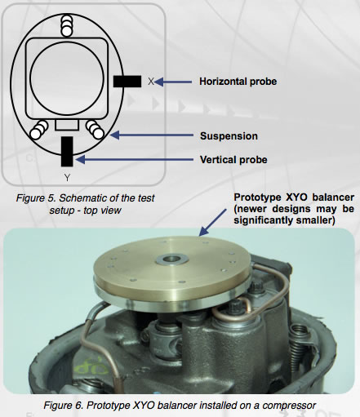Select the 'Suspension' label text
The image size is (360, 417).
pyautogui.click(x=229, y=135)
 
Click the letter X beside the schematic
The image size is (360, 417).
pyautogui.click(x=151, y=82)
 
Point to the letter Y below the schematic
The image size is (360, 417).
pyautogui.click(x=65, y=177)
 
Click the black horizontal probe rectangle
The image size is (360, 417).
pyautogui.click(x=128, y=81)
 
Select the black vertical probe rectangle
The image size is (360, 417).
pyautogui.click(x=67, y=150)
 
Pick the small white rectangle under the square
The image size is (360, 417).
pyautogui.click(x=67, y=125)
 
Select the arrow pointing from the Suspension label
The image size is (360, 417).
pyautogui.click(x=147, y=135)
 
